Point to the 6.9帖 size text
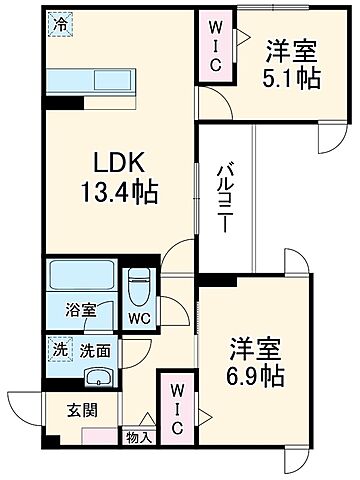pyautogui.click(x=258, y=377)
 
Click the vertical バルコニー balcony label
pyautogui.click(x=225, y=196)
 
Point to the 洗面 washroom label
pyautogui.click(x=94, y=352)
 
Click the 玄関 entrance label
pyautogui.click(x=82, y=409)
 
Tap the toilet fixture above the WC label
pyautogui.click(x=138, y=288)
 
